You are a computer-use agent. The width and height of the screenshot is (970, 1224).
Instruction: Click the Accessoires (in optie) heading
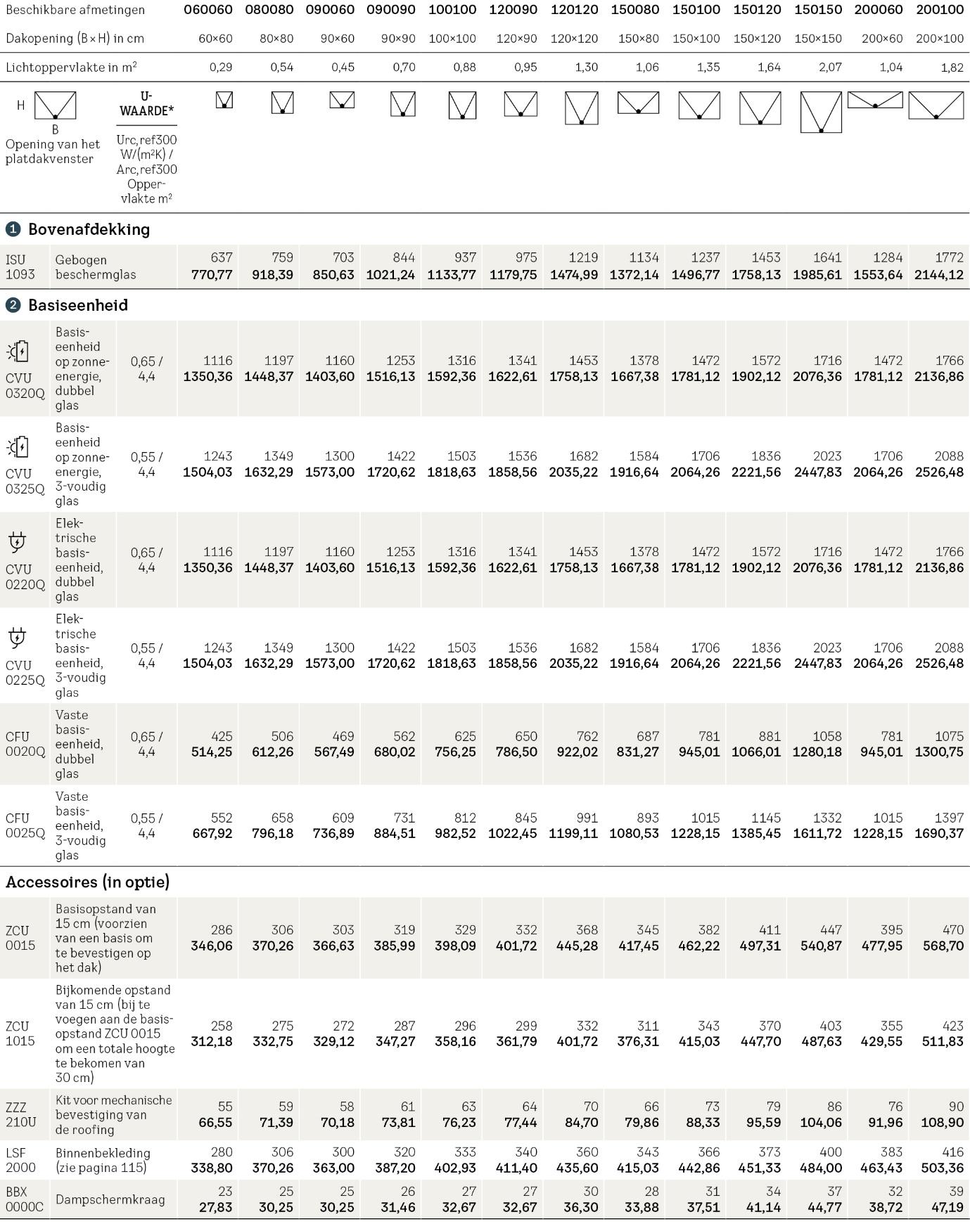coord(88,882)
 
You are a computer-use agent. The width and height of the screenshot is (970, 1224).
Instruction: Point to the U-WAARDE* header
coord(146,103)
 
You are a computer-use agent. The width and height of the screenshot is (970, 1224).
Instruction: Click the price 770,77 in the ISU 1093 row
coord(212,274)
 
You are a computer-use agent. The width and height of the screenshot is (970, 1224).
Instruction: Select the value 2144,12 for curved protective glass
coord(939,274)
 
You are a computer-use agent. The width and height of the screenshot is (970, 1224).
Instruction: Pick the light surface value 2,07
coord(828,67)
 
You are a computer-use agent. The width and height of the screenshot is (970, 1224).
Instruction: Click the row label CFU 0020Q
coord(25,744)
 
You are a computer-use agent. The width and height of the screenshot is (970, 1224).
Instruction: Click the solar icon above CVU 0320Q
coord(18,351)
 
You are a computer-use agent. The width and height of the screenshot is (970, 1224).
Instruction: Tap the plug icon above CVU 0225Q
coord(17,638)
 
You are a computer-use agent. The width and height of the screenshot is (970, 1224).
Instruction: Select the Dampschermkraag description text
coord(110,1199)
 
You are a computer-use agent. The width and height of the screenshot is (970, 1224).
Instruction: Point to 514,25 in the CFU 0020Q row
coord(212,752)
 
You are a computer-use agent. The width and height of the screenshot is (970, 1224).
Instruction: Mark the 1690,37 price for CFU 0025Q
coord(939,833)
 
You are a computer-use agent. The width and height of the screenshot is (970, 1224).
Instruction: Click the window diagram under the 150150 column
coord(821,112)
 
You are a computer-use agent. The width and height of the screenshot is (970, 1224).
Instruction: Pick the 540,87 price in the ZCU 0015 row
coord(821,946)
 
